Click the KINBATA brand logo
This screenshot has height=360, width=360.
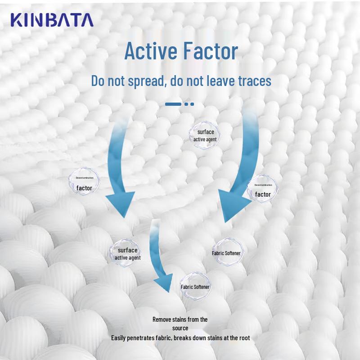click(x=52, y=20)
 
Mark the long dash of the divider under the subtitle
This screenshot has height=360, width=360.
click(x=173, y=104)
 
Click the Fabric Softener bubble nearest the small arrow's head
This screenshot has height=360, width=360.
click(x=195, y=287)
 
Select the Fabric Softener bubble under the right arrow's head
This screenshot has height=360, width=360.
click(x=226, y=253)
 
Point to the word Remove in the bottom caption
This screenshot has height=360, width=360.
click(x=162, y=319)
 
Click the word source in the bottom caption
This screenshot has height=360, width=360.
click(x=180, y=328)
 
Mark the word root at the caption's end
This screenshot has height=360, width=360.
click(x=243, y=337)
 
